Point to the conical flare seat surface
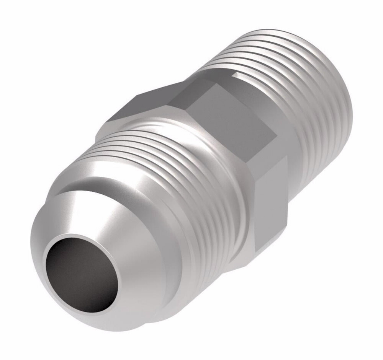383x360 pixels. (x=126, y=237)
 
